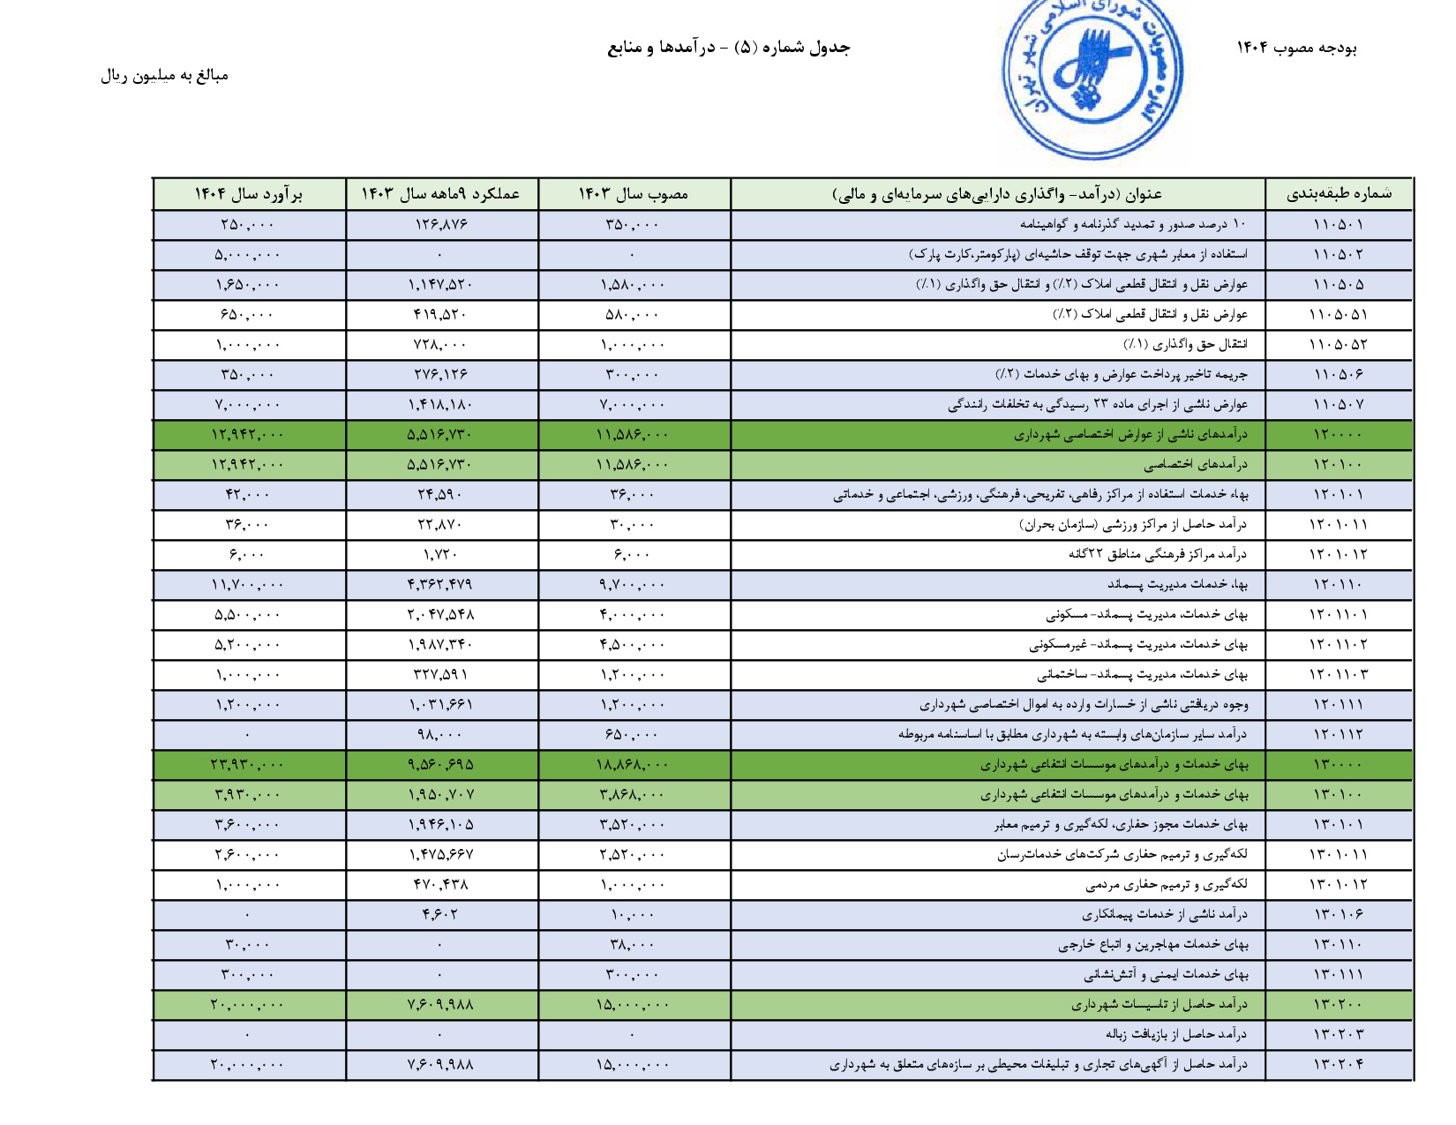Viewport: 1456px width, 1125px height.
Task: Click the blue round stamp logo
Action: (1092, 78)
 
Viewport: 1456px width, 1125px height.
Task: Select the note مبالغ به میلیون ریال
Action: (164, 76)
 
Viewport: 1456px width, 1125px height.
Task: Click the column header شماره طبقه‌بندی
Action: (1339, 194)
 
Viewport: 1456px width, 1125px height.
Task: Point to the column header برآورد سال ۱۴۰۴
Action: (248, 194)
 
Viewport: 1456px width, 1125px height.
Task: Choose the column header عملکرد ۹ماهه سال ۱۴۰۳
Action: (440, 194)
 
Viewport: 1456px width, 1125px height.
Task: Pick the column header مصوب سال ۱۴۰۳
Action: (633, 194)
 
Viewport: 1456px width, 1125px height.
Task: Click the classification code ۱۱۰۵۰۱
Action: (1339, 225)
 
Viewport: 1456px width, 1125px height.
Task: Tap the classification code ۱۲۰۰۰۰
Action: (1339, 435)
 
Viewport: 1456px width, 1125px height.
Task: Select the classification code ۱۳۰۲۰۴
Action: (1339, 1065)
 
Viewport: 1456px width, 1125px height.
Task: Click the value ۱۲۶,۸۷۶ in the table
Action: (440, 225)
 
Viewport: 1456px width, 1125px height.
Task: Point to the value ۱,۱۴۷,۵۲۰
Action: (440, 285)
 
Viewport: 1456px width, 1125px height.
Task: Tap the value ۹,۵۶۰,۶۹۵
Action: (440, 765)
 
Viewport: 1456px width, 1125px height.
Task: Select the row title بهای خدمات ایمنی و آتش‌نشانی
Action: (1166, 975)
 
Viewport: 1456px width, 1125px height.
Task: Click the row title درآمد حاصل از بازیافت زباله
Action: (1176, 1035)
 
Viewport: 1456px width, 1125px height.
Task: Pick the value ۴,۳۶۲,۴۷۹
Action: (440, 585)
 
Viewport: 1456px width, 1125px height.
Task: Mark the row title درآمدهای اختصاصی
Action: (1196, 465)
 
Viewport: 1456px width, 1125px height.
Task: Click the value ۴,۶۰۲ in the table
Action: (440, 915)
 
